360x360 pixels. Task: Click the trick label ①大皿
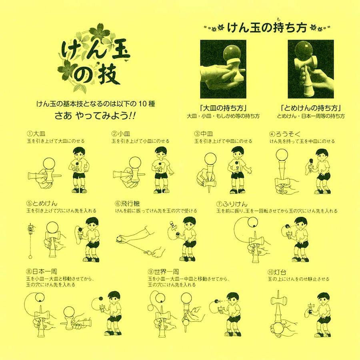36,134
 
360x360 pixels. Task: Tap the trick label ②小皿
121,134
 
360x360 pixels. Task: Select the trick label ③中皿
204,134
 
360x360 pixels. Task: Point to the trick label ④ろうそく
285,134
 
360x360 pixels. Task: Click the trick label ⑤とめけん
42,204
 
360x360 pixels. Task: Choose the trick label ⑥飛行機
128,204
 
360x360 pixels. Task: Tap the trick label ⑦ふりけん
232,204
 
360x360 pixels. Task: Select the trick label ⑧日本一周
42,272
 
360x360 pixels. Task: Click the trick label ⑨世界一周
164,272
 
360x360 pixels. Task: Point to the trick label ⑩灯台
277,272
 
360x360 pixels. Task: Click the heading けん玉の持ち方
267,28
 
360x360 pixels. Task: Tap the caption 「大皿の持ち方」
223,108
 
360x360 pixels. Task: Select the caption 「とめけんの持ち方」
311,108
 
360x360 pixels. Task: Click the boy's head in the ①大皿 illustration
79,153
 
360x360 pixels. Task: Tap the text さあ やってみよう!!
94,116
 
